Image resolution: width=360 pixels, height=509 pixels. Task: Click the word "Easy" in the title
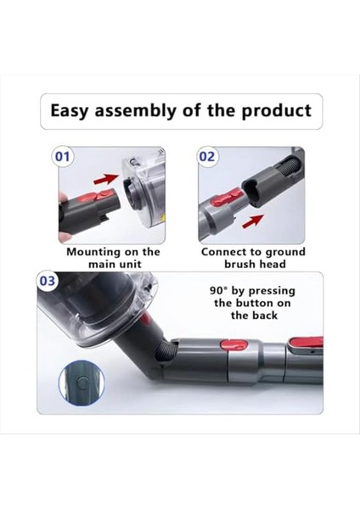point(73,111)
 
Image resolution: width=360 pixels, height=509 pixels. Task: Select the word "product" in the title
point(278,111)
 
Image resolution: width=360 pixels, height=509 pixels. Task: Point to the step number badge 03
point(48,282)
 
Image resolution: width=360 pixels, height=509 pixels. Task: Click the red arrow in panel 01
point(105,180)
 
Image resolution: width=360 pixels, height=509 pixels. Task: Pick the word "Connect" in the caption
point(224,252)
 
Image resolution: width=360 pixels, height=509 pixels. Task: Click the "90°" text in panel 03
point(223,290)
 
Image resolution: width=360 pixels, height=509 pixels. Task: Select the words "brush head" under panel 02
point(254,264)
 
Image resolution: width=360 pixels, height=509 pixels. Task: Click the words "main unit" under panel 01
point(113,264)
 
